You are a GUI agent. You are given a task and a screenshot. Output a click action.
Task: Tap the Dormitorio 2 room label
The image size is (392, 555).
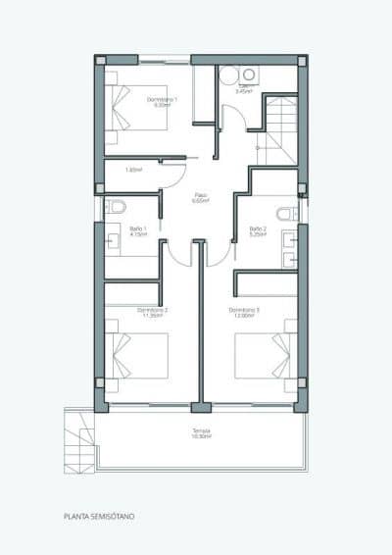[155, 309]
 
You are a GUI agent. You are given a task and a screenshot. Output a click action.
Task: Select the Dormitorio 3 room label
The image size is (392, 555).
[245, 309]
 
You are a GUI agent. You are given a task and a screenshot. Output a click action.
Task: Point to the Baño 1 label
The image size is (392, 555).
[137, 228]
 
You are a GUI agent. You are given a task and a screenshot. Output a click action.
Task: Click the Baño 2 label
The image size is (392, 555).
[258, 228]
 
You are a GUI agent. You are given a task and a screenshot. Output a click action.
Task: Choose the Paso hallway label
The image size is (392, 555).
[201, 194]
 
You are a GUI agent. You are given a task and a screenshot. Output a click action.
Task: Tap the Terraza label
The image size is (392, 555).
[202, 431]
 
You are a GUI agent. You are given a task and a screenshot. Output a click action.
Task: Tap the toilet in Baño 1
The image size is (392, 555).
[116, 207]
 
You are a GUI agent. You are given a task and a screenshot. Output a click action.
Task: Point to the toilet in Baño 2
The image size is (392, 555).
[286, 214]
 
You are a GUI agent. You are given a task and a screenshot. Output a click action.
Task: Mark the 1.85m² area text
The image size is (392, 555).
[134, 169]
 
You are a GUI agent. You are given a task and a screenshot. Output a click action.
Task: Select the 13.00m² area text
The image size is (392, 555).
[245, 315]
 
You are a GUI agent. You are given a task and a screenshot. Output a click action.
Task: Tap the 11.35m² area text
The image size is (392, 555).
[155, 315]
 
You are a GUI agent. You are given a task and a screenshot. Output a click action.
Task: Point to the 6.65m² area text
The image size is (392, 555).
[201, 200]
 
